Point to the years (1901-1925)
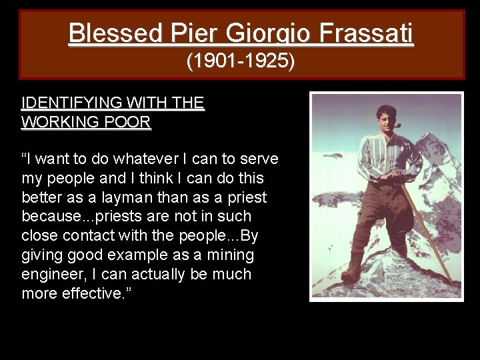click(241, 62)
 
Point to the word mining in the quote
click(230, 255)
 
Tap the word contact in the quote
click(93, 235)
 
